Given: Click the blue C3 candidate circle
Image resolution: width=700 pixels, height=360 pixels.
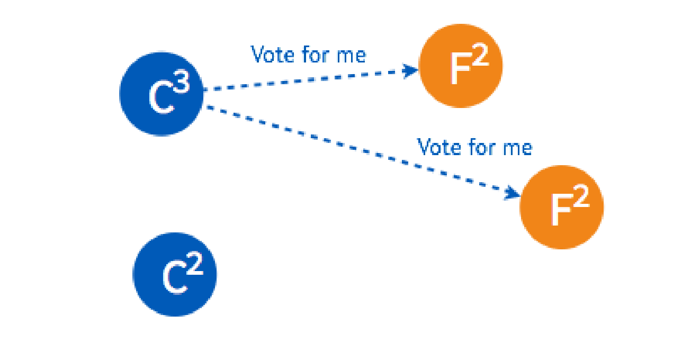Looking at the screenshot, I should point(161,94).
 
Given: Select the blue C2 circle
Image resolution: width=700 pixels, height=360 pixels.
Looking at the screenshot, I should point(175,274).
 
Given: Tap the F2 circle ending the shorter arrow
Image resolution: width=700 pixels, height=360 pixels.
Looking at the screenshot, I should point(460,66).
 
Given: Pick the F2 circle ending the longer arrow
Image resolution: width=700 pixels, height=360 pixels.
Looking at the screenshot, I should point(562,207).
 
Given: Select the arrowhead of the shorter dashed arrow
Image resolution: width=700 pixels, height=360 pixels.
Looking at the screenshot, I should point(411,70).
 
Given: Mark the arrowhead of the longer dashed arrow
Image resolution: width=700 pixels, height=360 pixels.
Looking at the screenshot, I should point(513,193).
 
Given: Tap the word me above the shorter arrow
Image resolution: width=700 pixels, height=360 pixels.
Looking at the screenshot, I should point(351,55).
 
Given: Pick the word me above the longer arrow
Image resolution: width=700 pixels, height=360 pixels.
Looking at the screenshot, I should point(517,147).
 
